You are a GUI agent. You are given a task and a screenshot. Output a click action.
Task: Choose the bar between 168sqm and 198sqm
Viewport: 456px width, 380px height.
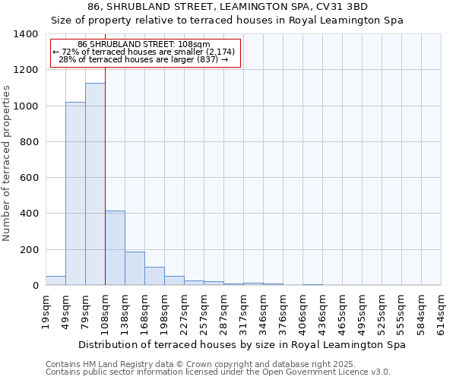click(x=154, y=276)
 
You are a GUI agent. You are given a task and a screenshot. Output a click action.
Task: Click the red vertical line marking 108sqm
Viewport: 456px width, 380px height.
click(x=105, y=152)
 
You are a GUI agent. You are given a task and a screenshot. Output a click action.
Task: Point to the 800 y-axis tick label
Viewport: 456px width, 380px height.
click(x=29, y=142)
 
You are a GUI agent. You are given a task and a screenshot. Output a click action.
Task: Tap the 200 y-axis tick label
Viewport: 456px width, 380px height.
click(x=29, y=250)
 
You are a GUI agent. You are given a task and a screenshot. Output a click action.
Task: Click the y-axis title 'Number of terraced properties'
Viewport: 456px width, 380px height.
click(x=8, y=163)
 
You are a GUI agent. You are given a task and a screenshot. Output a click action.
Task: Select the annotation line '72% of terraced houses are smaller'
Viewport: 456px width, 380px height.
click(x=144, y=52)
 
